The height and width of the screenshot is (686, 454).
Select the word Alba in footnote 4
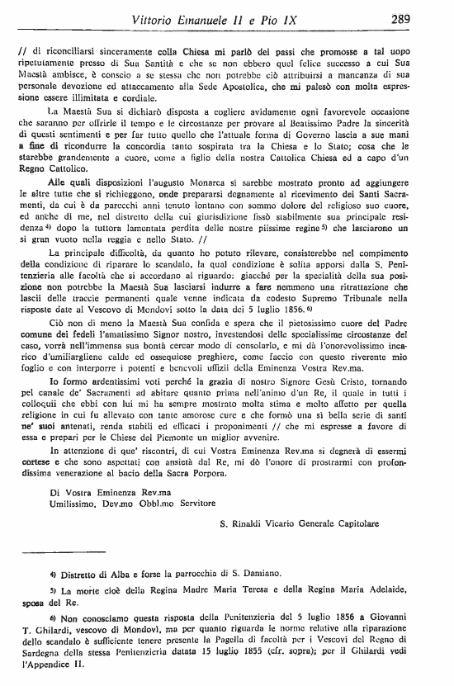(111, 573)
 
